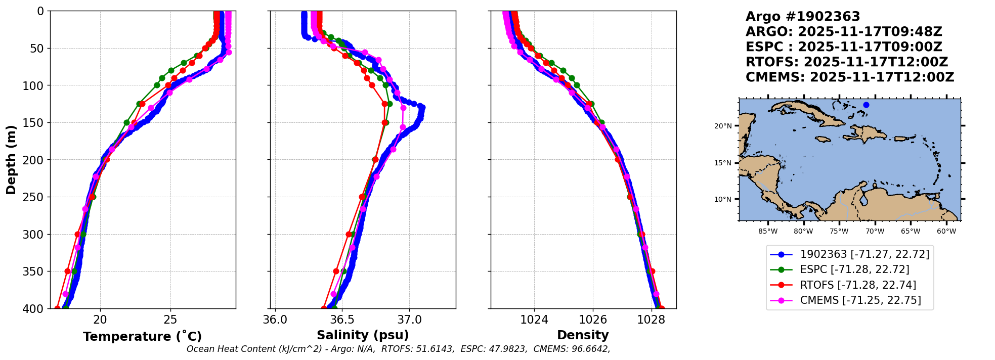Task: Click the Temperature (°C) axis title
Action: click(143, 336)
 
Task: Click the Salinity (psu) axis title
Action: click(363, 335)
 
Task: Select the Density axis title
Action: click(583, 335)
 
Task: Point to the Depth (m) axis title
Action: click(11, 159)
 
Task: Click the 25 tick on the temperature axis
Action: click(170, 320)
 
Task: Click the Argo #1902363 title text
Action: click(803, 17)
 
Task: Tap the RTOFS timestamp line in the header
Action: click(847, 62)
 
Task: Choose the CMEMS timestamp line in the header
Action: click(850, 77)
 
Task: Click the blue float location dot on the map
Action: click(866, 105)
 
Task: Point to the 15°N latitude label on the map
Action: click(723, 163)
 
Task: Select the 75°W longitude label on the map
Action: click(839, 232)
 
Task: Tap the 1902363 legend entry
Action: click(850, 254)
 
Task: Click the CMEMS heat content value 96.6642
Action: click(590, 349)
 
